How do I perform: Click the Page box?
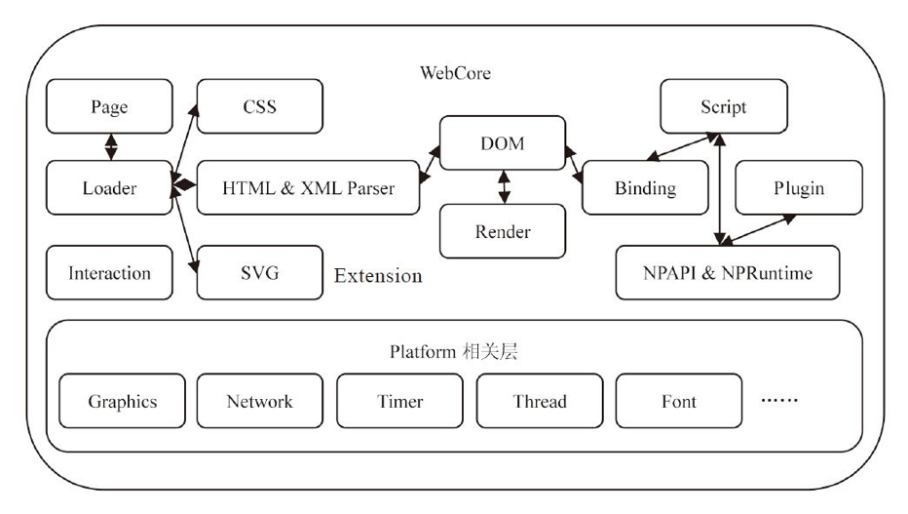109,106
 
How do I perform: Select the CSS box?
259,106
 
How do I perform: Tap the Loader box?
109,187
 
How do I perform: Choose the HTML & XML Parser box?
308,187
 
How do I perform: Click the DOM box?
502,143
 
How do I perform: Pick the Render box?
502,231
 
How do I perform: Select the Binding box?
645,187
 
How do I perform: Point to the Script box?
723,106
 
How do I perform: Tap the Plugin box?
798,187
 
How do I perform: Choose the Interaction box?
109,272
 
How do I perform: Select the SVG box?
259,272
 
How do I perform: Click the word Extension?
378,276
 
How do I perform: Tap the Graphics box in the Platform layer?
123,401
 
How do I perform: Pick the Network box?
259,401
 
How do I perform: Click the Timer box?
399,401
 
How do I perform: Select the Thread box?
539,401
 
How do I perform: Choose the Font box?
678,401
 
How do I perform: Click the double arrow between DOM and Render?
504,187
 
